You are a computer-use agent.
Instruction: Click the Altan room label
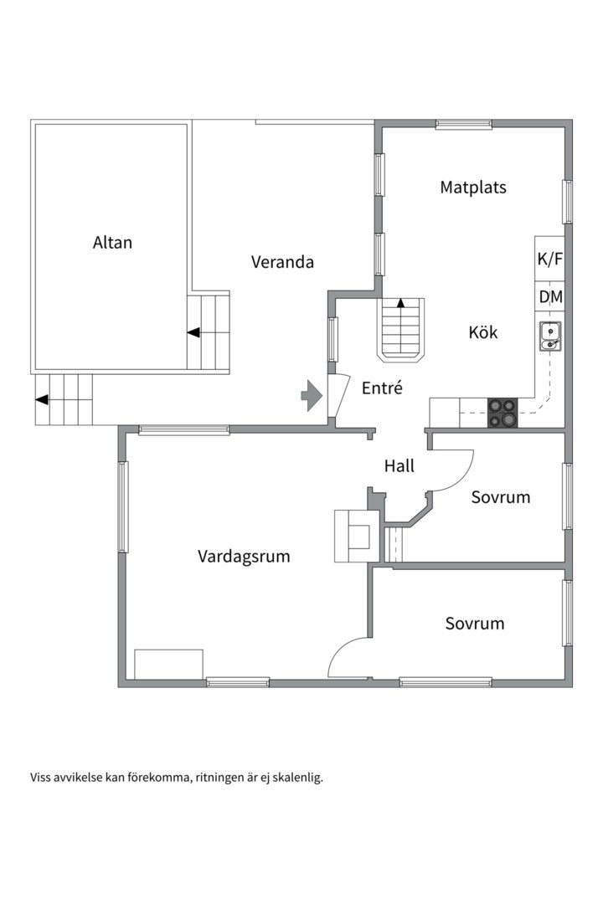pyautogui.click(x=112, y=242)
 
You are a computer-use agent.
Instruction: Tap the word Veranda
pyautogui.click(x=282, y=262)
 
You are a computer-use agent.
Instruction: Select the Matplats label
pyautogui.click(x=473, y=187)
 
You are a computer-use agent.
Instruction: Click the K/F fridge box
pyautogui.click(x=549, y=259)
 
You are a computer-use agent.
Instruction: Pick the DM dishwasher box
pyautogui.click(x=549, y=297)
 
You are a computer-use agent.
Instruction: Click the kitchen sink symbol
pyautogui.click(x=550, y=336)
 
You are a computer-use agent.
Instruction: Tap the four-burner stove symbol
pyautogui.click(x=502, y=413)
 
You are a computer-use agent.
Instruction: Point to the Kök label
pyautogui.click(x=483, y=332)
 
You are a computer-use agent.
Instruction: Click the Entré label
pyautogui.click(x=382, y=388)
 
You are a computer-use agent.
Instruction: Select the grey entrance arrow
pyautogui.click(x=312, y=395)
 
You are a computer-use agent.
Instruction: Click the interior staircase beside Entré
pyautogui.click(x=401, y=331)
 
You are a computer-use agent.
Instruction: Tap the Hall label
pyautogui.click(x=399, y=466)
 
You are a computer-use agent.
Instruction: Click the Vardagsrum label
pyautogui.click(x=244, y=557)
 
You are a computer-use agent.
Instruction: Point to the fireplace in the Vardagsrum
pyautogui.click(x=357, y=537)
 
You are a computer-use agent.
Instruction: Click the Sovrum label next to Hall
pyautogui.click(x=500, y=497)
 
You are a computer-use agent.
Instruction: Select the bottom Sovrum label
pyautogui.click(x=475, y=624)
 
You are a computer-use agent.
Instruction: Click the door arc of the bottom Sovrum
pyautogui.click(x=340, y=647)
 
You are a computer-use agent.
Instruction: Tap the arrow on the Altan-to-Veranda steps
pyautogui.click(x=193, y=332)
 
